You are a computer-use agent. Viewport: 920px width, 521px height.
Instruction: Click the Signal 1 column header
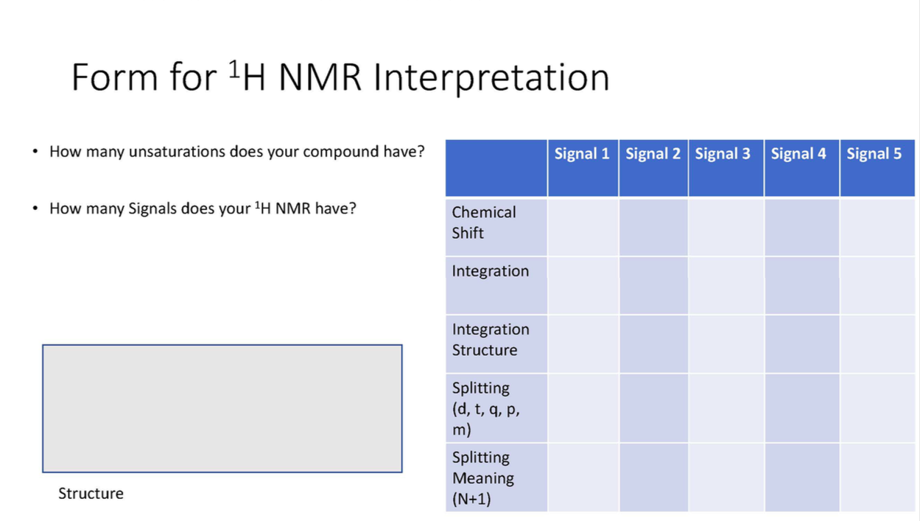(582, 154)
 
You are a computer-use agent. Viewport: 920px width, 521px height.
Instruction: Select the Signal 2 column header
(653, 154)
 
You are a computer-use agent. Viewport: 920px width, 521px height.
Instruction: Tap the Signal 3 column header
(723, 154)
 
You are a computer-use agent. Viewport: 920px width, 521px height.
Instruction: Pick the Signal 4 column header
(798, 154)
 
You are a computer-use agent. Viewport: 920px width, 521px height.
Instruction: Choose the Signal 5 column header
(874, 154)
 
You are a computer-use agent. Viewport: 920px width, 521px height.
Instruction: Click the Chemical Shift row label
(484, 223)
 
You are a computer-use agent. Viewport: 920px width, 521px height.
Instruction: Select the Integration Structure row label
(491, 340)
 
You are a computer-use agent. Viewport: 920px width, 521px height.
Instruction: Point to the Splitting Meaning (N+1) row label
(483, 478)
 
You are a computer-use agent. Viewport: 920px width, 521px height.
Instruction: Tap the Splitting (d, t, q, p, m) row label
(486, 408)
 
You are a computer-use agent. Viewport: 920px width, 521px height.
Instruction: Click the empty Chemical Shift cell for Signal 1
(583, 227)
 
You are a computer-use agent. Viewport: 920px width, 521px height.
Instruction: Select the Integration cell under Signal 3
(726, 285)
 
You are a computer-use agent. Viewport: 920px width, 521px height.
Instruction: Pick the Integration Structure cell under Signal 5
(877, 343)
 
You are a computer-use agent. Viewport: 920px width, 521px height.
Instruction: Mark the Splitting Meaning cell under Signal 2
(653, 478)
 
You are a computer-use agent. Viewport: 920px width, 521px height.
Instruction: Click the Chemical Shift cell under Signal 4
(801, 227)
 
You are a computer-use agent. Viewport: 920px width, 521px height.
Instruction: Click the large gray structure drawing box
(222, 408)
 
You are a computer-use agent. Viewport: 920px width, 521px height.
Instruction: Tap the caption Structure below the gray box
(91, 494)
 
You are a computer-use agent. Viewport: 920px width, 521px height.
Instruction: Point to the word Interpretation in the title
(491, 77)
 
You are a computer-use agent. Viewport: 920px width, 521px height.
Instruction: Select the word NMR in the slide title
(320, 77)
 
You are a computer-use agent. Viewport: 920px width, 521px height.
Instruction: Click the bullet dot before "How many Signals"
(35, 209)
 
